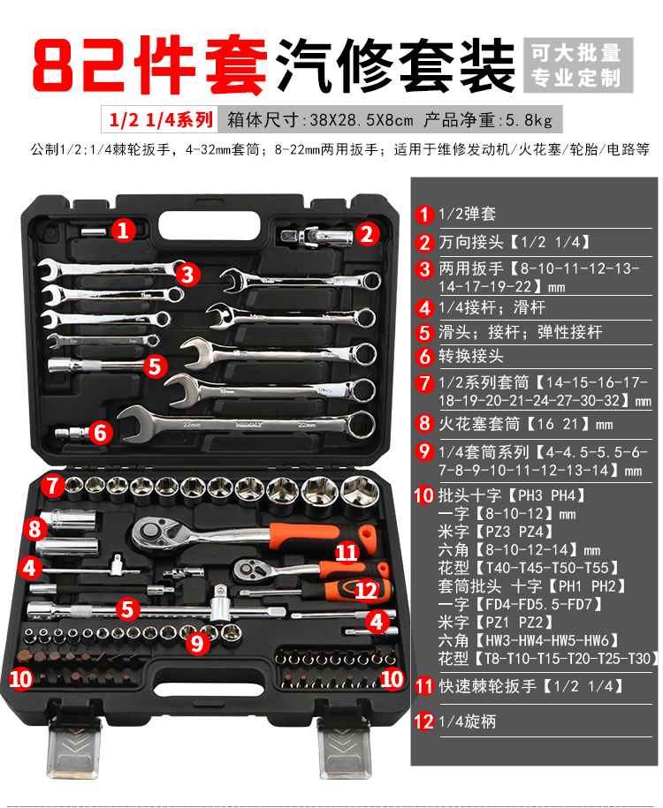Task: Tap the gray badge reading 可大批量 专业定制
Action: click(x=578, y=65)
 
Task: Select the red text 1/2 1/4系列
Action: click(x=161, y=119)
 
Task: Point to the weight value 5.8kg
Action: click(x=529, y=120)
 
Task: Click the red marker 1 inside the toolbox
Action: click(x=123, y=230)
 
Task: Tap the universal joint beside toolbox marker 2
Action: click(x=317, y=237)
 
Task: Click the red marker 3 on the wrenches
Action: click(x=187, y=274)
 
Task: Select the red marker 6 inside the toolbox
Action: click(x=100, y=432)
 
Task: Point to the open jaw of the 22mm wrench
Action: click(x=135, y=424)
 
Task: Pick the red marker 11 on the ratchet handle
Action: click(x=347, y=553)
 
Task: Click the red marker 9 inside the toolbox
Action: click(x=197, y=643)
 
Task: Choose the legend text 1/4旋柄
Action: click(x=467, y=721)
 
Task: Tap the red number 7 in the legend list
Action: click(x=424, y=383)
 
